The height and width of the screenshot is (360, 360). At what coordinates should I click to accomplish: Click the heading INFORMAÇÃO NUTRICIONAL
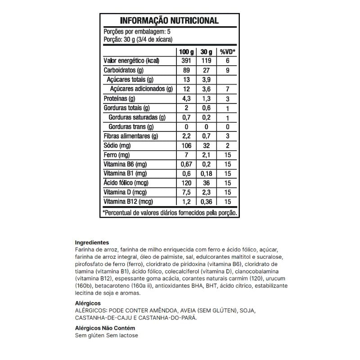[169, 21]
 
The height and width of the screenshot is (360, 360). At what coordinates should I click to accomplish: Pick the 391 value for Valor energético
[186, 61]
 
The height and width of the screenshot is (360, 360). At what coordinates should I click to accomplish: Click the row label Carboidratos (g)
[124, 70]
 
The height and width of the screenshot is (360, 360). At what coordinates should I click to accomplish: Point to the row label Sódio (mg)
[117, 146]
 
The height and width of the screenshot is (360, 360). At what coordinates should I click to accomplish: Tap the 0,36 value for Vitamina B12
[206, 202]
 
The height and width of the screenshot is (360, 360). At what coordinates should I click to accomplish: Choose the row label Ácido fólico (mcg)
[126, 183]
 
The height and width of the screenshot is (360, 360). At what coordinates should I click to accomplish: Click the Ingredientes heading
[92, 242]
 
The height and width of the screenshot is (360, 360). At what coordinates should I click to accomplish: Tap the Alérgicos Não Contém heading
[105, 328]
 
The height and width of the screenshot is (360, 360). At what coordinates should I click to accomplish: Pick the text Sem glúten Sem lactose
[106, 336]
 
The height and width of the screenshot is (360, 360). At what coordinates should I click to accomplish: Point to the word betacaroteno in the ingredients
[107, 286]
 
